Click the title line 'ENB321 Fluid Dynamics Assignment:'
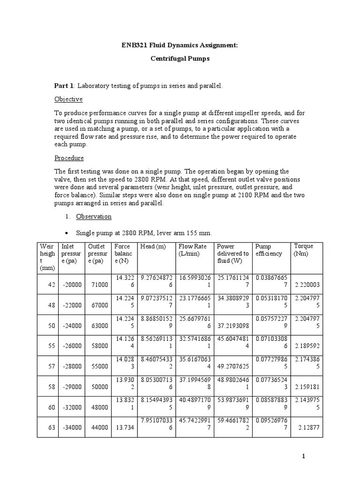click(180, 45)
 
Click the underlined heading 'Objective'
click(68, 99)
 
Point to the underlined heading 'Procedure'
click(69, 158)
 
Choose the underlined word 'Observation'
click(94, 217)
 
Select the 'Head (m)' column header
click(152, 247)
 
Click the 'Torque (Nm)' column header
click(303, 250)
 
